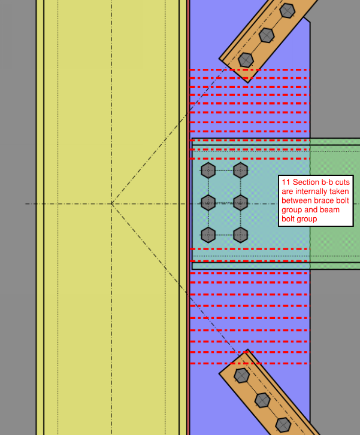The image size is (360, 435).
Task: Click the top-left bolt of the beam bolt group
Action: (x=208, y=171)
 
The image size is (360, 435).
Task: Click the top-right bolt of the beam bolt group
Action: (x=241, y=171)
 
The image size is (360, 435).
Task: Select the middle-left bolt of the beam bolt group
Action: (x=208, y=203)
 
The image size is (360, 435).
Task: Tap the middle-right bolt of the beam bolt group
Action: (x=241, y=203)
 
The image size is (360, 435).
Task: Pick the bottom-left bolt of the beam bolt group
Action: (x=208, y=235)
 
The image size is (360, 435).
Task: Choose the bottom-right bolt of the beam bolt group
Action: (x=241, y=235)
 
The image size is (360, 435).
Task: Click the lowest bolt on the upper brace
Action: (x=246, y=60)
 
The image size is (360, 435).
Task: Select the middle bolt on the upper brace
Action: (x=267, y=35)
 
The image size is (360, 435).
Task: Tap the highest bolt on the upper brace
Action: (x=288, y=11)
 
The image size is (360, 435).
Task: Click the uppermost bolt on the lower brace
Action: (x=241, y=376)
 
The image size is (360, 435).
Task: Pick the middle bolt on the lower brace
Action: (x=262, y=400)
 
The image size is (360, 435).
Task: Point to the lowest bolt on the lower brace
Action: (x=283, y=424)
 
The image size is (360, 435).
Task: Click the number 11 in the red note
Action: (x=286, y=182)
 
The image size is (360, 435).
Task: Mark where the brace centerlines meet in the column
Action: (x=111, y=204)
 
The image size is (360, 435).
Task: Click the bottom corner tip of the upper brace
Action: (x=248, y=83)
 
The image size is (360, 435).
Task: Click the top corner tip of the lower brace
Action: (x=247, y=349)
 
